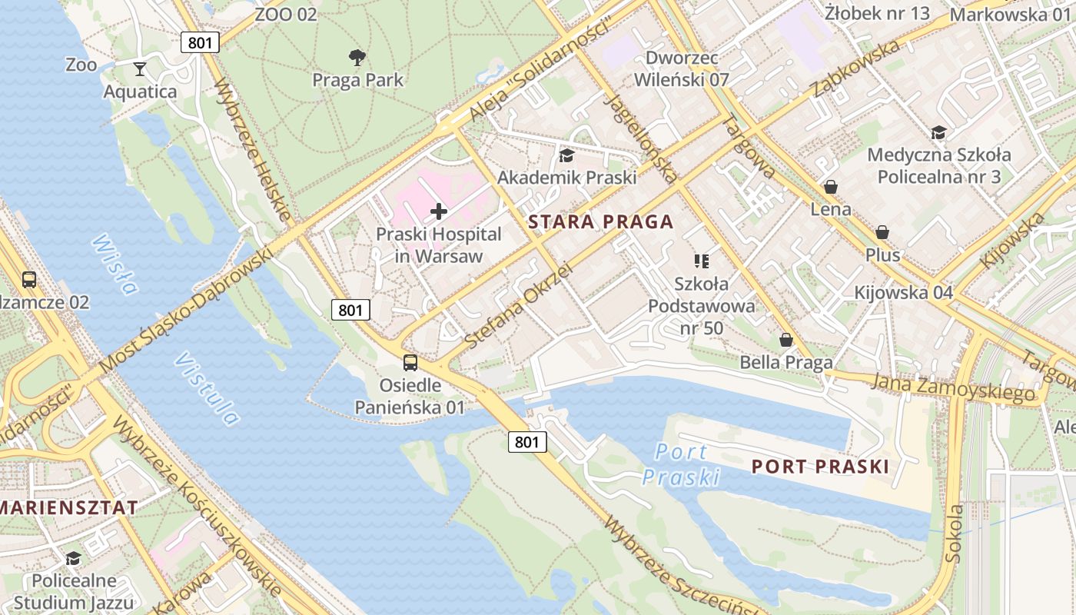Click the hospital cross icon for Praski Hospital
click(x=439, y=211)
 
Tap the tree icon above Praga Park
click(x=357, y=57)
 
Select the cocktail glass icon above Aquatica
click(x=139, y=69)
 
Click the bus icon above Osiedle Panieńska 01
click(x=410, y=363)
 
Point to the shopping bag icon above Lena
click(x=830, y=187)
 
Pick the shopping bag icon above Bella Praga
click(x=786, y=340)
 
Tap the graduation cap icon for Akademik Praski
click(x=566, y=156)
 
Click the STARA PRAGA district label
click(x=600, y=222)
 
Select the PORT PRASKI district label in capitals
click(x=820, y=467)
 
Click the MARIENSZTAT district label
click(x=69, y=507)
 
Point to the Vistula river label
click(x=206, y=389)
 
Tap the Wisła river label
click(x=115, y=265)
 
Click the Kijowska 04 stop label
click(x=903, y=293)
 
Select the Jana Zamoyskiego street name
click(x=953, y=386)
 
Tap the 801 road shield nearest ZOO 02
click(x=200, y=42)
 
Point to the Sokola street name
click(x=955, y=534)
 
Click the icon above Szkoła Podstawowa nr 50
click(x=701, y=261)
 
